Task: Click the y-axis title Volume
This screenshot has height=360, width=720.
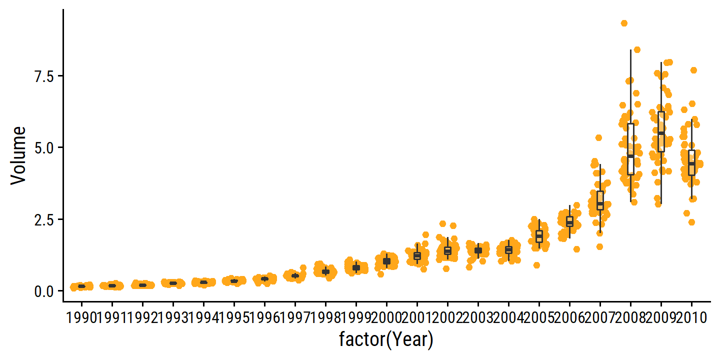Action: (18, 155)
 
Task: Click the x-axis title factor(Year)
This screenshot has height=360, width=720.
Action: (386, 340)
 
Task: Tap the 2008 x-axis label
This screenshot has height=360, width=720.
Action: (630, 317)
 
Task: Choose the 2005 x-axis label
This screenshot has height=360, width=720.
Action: (539, 317)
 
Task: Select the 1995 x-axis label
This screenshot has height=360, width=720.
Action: (233, 317)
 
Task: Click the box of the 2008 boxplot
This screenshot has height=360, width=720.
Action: (630, 149)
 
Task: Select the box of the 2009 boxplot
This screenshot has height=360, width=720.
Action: (661, 131)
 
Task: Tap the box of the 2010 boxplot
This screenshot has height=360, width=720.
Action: (691, 162)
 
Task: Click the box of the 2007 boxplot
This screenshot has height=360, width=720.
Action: (600, 200)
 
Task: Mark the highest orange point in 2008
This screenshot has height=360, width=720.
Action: (624, 23)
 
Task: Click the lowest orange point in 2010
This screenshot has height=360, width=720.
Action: (691, 222)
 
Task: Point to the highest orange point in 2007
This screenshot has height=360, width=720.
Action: (598, 137)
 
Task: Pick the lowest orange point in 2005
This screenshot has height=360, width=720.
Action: (536, 265)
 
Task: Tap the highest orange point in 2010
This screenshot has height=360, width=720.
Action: (693, 70)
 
